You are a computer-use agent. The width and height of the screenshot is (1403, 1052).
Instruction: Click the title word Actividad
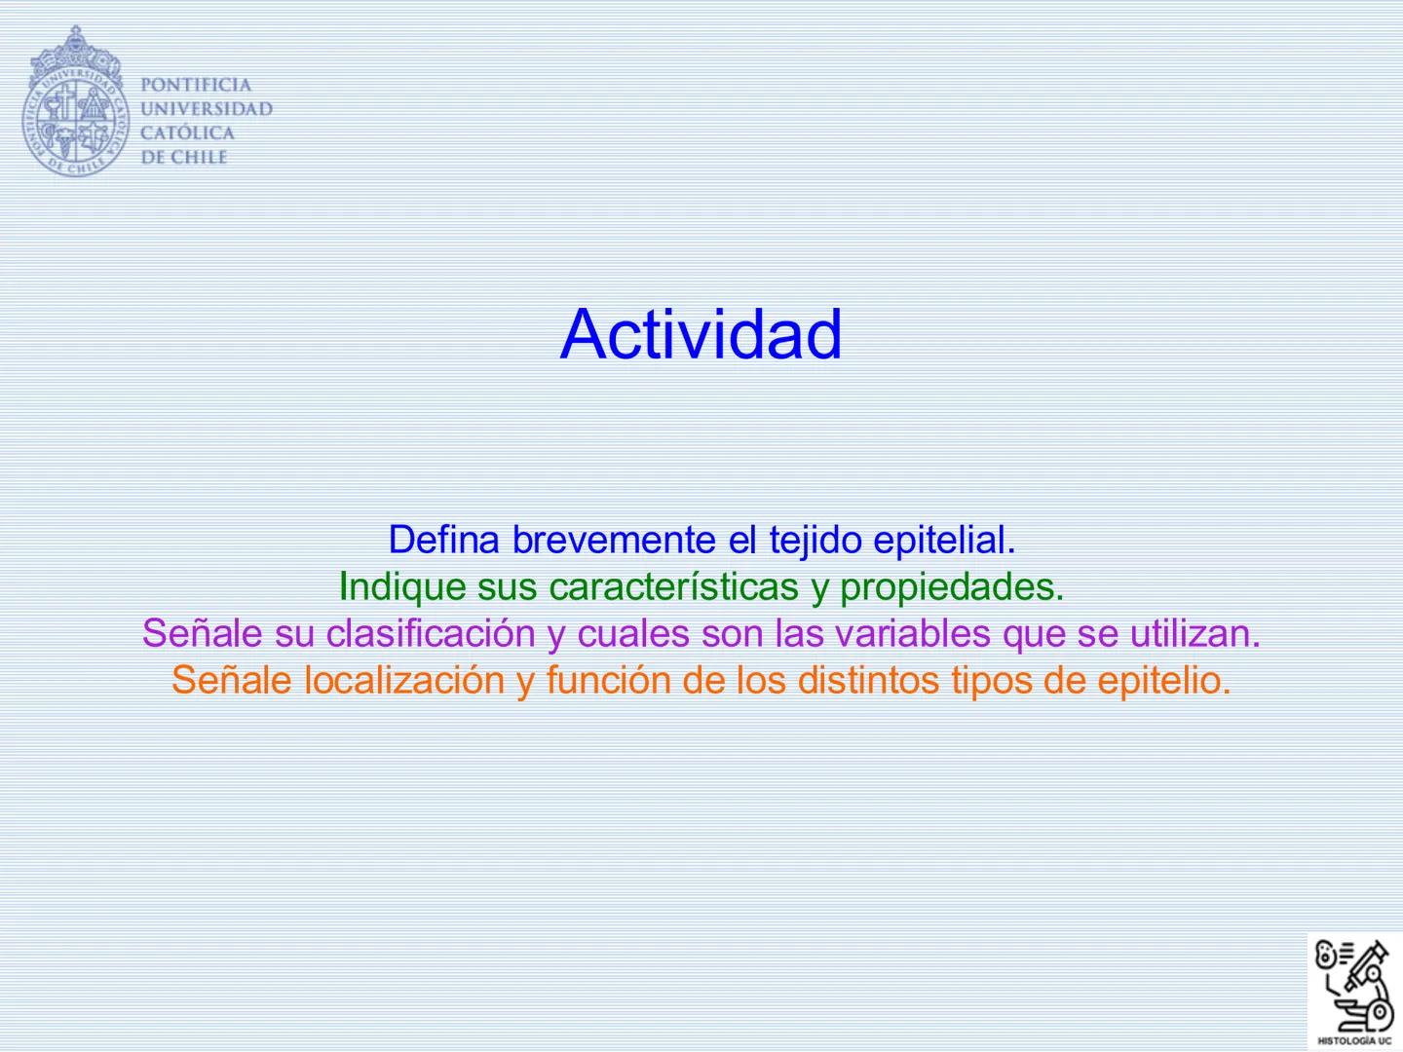coord(701,334)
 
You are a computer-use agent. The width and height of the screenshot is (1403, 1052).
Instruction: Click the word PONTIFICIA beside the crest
coord(196,85)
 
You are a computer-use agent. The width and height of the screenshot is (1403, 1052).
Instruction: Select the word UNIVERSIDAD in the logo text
coord(207,109)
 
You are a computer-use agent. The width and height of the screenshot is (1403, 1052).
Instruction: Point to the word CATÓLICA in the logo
coord(188,133)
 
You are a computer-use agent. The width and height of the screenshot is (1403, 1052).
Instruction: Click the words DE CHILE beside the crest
coord(184,158)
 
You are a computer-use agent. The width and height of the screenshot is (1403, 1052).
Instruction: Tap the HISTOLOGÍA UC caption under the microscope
coord(1355,1040)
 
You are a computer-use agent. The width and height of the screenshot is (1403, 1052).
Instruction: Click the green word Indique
coord(402,586)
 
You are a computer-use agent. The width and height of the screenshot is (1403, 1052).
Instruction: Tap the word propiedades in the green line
coord(951,586)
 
